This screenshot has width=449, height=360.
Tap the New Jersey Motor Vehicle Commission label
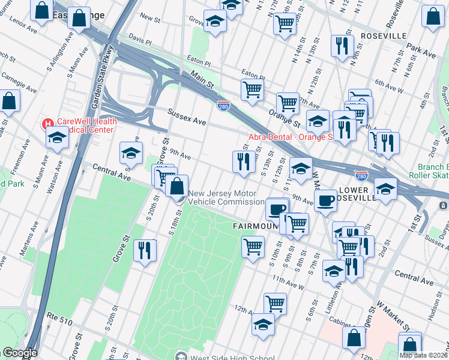click(223, 198)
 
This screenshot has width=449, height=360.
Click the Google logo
click(19, 353)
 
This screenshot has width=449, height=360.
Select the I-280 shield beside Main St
click(223, 105)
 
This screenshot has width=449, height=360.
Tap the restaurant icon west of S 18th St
click(144, 250)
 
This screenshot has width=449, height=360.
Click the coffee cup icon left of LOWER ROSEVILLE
click(325, 200)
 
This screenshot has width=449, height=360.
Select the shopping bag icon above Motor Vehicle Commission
click(177, 185)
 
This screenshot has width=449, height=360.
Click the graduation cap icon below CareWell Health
click(57, 137)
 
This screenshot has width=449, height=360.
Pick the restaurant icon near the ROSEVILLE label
click(342, 46)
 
